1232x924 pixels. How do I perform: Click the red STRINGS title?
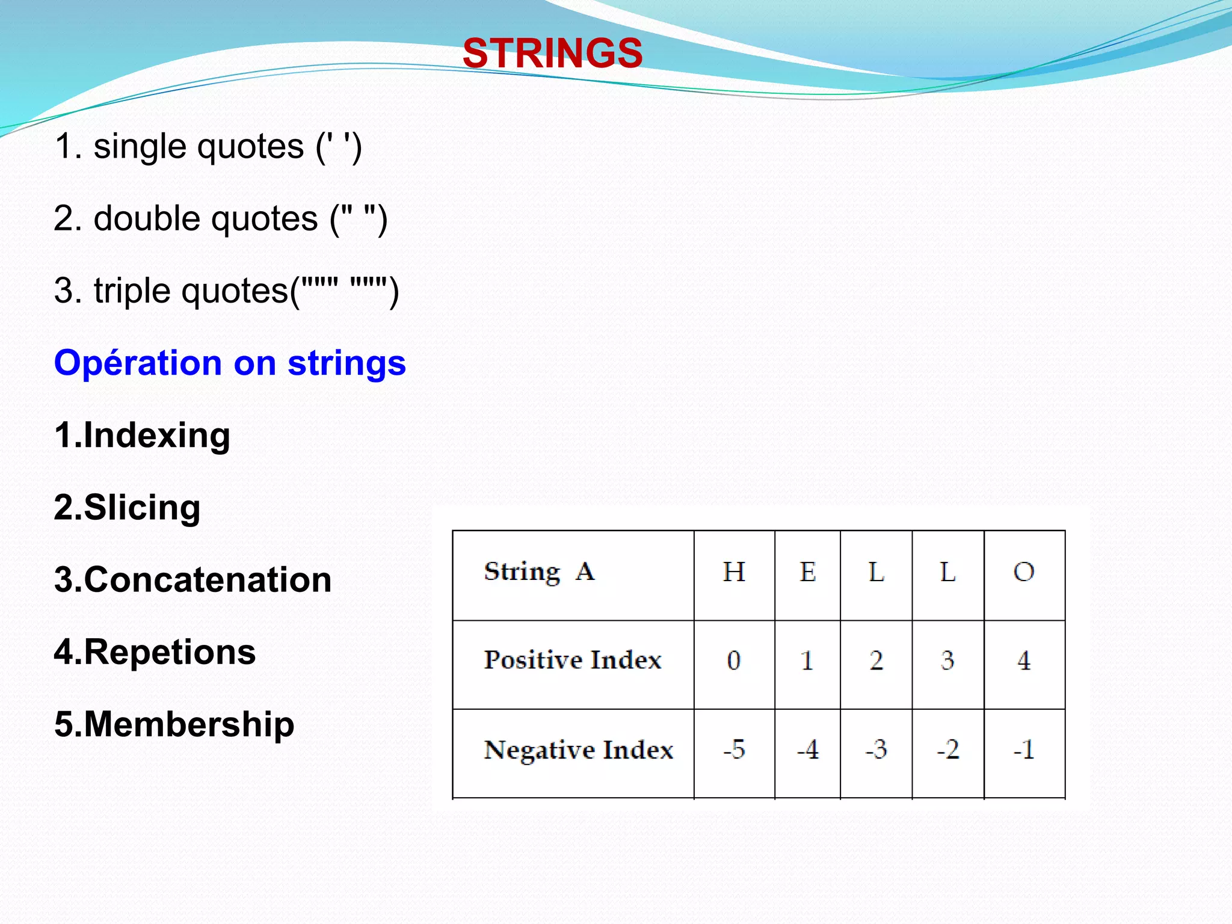[552, 53]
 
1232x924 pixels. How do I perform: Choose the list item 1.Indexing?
[142, 435]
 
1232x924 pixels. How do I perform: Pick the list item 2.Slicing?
[127, 507]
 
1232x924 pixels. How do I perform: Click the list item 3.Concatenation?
[192, 579]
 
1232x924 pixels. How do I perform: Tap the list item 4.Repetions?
[155, 651]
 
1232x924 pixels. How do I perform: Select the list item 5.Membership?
[174, 724]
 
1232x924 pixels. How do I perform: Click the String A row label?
[540, 571]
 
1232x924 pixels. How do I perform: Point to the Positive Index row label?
[572, 660]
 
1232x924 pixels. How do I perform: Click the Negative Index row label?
[578, 750]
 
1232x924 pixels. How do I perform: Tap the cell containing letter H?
[734, 572]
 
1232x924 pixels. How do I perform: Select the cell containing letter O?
[1024, 572]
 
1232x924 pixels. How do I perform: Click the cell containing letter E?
[807, 572]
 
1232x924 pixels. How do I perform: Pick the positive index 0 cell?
[734, 661]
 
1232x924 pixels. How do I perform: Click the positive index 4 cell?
[1024, 661]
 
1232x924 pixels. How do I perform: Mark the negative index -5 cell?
[734, 750]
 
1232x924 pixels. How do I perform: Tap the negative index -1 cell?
[1024, 750]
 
